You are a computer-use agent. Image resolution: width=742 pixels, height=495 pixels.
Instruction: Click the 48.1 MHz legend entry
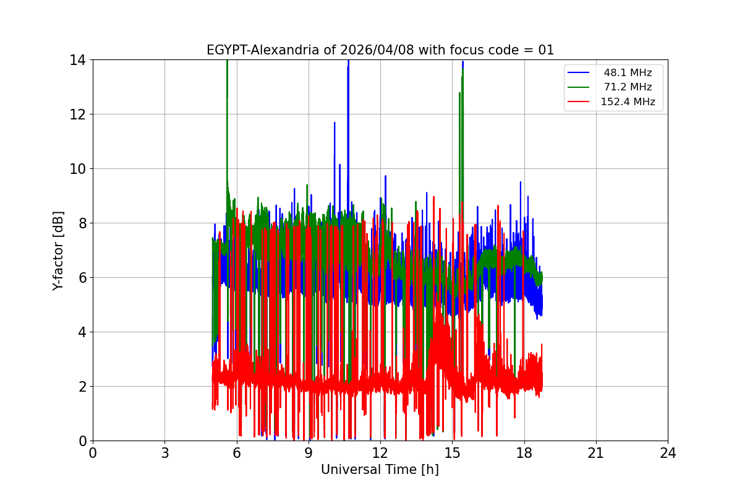click(628, 73)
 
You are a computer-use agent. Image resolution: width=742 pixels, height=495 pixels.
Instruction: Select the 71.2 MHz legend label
click(628, 87)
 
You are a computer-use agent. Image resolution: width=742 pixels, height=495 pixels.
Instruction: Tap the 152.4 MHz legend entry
click(628, 101)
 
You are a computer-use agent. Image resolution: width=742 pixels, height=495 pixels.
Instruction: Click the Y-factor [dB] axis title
click(58, 250)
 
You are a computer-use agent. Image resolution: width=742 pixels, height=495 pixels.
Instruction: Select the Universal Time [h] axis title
click(380, 470)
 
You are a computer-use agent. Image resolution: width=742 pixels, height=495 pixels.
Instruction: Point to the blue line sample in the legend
click(580, 73)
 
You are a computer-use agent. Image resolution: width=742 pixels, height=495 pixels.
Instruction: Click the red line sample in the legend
click(580, 101)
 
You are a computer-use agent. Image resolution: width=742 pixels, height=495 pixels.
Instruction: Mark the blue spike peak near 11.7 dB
click(335, 123)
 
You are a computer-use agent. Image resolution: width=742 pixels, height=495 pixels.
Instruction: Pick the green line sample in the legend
click(580, 87)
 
